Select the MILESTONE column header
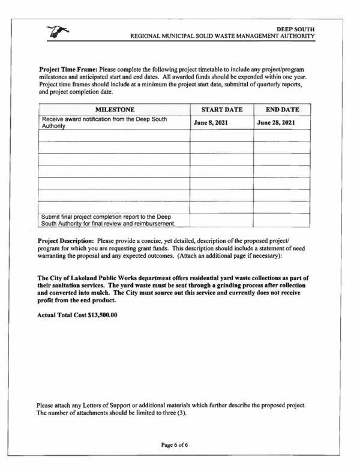114,110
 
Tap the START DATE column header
221,110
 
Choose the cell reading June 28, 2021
276,122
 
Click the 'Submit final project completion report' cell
108,220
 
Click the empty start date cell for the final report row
221,220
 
